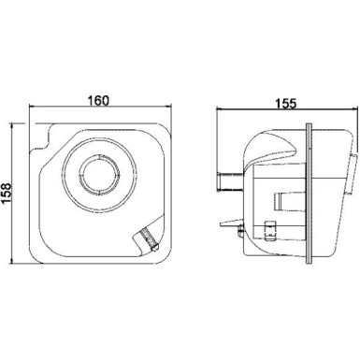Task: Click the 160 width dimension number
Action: tap(98, 101)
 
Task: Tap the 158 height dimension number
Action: tap(7, 194)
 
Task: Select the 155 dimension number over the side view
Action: tap(286, 104)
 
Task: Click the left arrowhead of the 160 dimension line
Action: tap(31, 107)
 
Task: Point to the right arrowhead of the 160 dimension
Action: tap(169, 107)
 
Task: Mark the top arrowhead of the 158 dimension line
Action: tap(12, 125)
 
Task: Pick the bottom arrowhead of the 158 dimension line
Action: tap(12, 261)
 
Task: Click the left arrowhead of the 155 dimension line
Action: tap(219, 108)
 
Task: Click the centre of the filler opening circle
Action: tap(99, 174)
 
